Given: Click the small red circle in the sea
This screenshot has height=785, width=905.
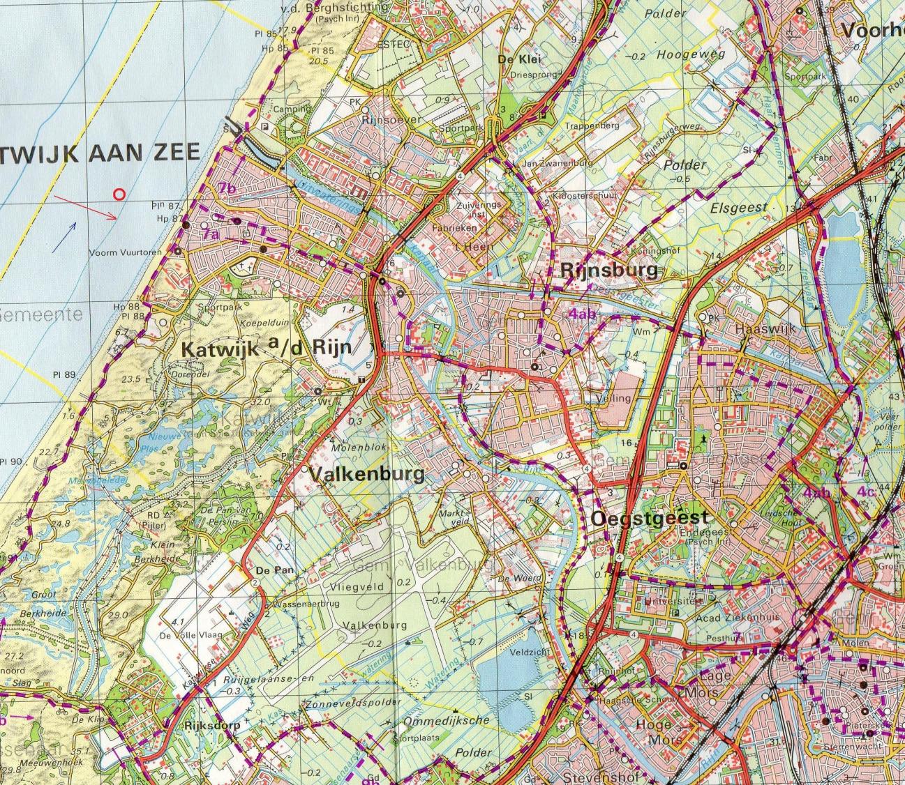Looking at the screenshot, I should click(x=119, y=195).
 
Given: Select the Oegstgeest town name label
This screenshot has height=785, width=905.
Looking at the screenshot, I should click(x=650, y=518).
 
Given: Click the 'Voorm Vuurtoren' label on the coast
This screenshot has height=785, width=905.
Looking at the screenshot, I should click(x=126, y=252).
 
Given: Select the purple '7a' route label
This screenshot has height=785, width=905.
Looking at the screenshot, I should click(x=210, y=236).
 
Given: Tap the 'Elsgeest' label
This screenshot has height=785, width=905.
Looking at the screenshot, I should click(x=738, y=207).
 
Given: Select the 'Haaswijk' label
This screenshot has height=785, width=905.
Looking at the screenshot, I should click(x=765, y=328).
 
